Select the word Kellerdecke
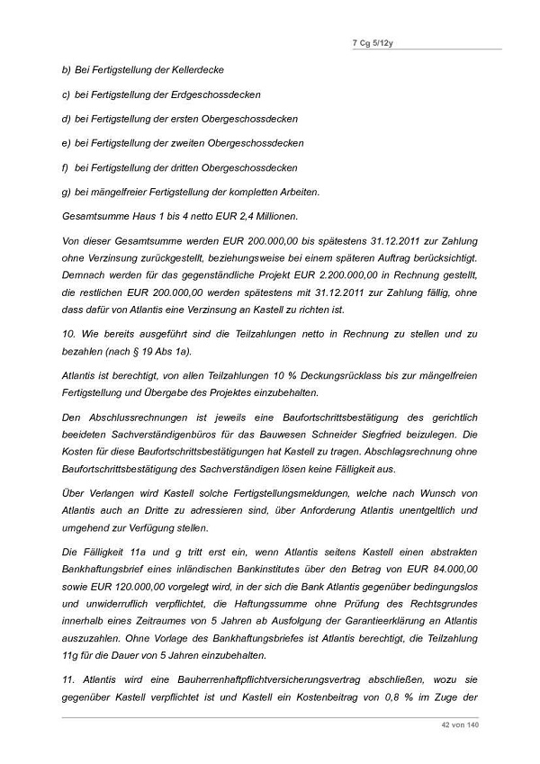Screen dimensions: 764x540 pyautogui.click(x=195, y=69)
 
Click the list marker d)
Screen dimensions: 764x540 pyautogui.click(x=66, y=119)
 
